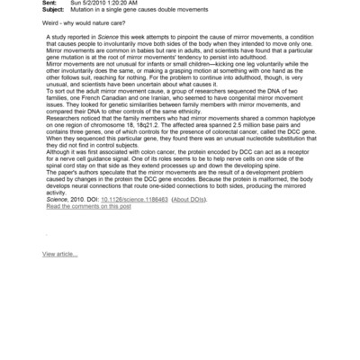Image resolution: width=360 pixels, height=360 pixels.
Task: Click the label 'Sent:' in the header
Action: (x=54, y=3)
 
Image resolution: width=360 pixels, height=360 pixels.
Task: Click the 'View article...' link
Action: (x=59, y=255)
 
